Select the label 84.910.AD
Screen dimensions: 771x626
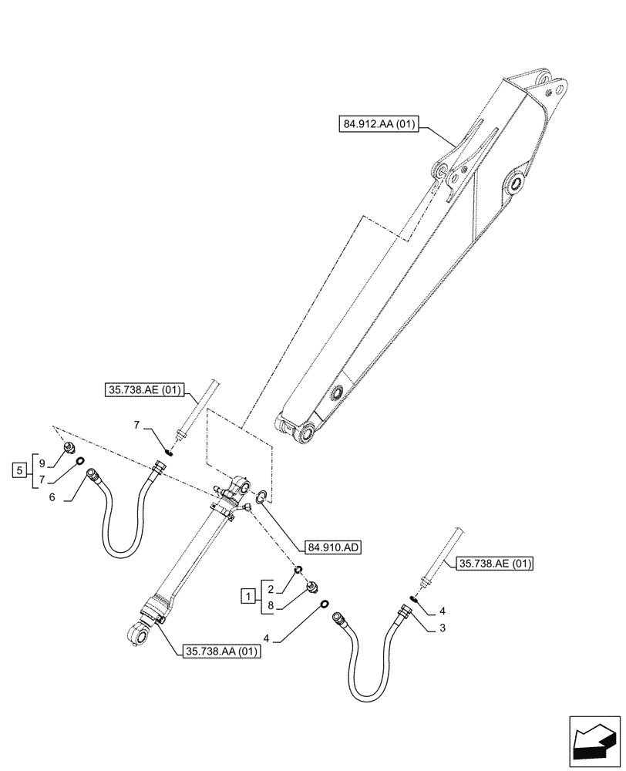coord(333,547)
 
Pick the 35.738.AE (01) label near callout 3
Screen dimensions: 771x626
coord(494,564)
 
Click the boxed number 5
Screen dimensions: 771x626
coord(19,468)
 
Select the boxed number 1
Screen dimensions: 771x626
coord(247,595)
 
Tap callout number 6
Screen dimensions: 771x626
coord(52,498)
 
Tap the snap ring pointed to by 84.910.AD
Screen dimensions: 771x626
coord(262,497)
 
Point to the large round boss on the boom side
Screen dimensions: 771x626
coord(515,183)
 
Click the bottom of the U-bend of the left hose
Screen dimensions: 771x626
coord(116,553)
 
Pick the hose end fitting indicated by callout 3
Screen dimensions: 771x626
coord(402,612)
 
